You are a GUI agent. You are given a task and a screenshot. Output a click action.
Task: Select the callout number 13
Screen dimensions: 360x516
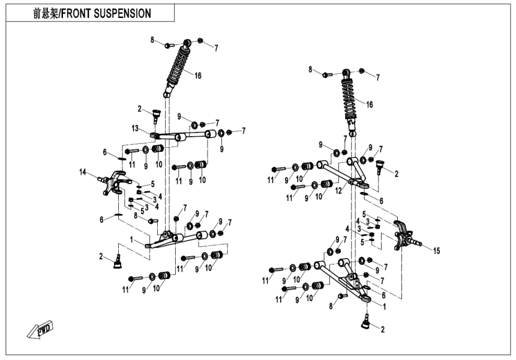click(x=136, y=128)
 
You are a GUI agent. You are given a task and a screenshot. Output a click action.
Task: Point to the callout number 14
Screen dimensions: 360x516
click(x=82, y=172)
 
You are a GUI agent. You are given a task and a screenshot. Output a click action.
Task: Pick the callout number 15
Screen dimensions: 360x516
click(x=437, y=250)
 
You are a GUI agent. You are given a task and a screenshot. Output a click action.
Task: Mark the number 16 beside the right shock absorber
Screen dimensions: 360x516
click(x=370, y=104)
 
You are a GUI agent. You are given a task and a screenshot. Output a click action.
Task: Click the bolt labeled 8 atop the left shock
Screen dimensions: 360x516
click(x=167, y=45)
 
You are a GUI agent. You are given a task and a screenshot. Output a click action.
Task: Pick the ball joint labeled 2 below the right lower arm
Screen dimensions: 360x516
click(x=365, y=323)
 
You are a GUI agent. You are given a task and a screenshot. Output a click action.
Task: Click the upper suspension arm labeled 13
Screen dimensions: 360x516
click(x=180, y=137)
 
